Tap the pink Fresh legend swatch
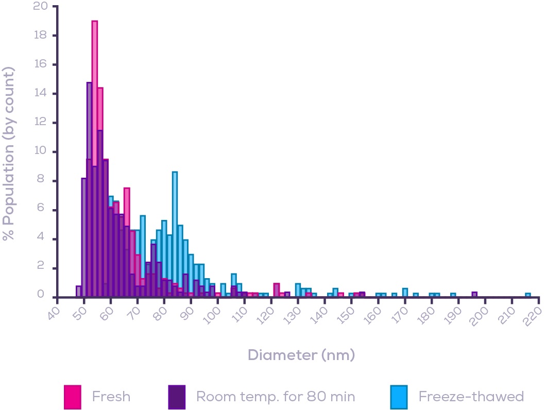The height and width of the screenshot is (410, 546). [72, 396]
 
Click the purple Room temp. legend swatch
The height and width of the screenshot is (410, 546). [177, 396]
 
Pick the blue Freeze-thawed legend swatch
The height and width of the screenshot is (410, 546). [399, 396]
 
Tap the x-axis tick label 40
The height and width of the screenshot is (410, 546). [54, 313]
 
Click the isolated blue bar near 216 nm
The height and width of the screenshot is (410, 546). [528, 295]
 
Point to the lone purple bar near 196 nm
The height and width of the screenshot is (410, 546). [474, 295]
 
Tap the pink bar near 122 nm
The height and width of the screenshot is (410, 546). [277, 290]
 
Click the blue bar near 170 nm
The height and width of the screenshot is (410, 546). [405, 293]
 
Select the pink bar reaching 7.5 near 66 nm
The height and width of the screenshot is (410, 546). [127, 216]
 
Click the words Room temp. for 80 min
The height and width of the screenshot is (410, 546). [276, 397]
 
